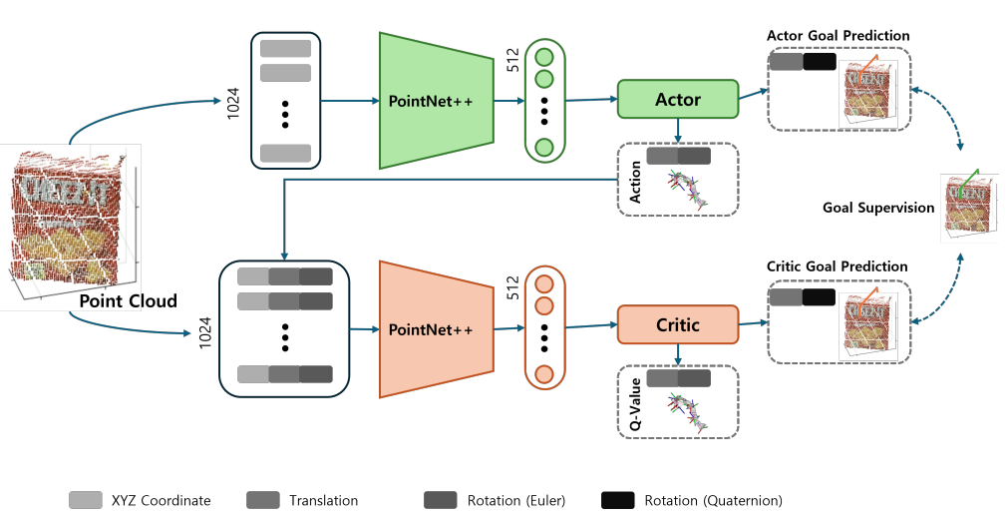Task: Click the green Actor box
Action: tap(678, 100)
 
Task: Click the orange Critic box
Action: tap(678, 325)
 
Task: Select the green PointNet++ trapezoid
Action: tap(437, 101)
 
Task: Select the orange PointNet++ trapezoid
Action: tap(437, 328)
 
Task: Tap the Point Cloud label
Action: tap(128, 301)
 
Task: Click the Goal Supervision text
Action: tap(878, 208)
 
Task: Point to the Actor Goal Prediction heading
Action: tap(838, 36)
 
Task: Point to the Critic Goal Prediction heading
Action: tap(837, 266)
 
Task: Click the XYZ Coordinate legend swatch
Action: tap(86, 499)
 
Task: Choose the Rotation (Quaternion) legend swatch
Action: tap(618, 499)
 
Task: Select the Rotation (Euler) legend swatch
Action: tap(441, 499)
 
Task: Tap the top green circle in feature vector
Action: tap(544, 56)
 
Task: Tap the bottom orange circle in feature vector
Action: tap(544, 375)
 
